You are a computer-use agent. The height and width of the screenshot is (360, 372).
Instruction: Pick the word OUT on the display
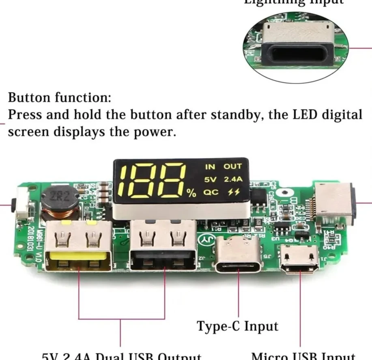click(232, 166)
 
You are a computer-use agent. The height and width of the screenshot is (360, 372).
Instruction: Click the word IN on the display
click(210, 166)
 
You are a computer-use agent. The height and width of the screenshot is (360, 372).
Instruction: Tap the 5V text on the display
click(210, 179)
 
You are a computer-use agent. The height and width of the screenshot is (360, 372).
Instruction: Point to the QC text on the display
click(211, 192)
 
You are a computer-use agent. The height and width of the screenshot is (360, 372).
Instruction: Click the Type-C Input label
click(238, 326)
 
